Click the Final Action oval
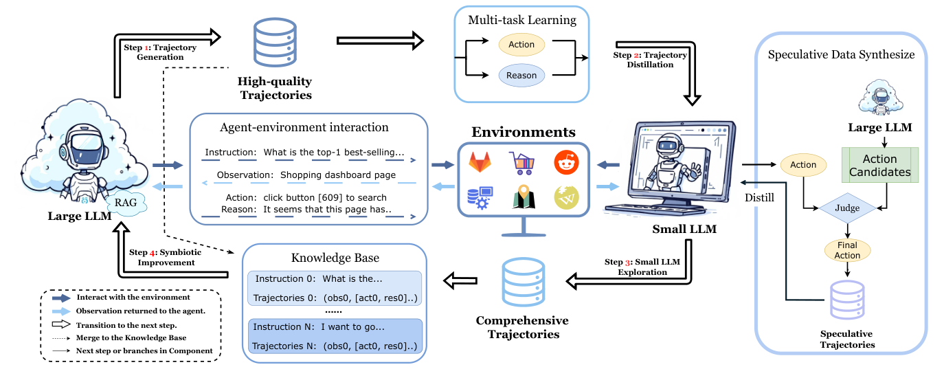pyautogui.click(x=846, y=251)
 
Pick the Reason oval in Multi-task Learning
pyautogui.click(x=521, y=76)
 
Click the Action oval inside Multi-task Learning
pyautogui.click(x=521, y=45)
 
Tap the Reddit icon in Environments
pyautogui.click(x=566, y=163)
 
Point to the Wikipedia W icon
pyautogui.click(x=566, y=199)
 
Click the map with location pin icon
pyautogui.click(x=523, y=199)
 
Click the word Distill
pyautogui.click(x=761, y=199)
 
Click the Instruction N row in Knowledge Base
pyautogui.click(x=335, y=326)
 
